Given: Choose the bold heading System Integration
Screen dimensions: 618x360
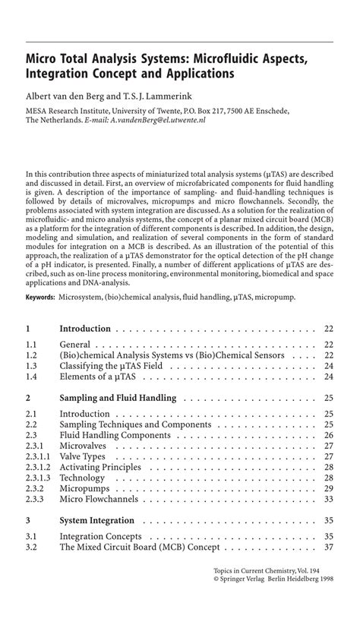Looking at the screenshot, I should click(96, 521).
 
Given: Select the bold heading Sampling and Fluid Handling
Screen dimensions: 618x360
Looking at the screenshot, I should click(118, 397).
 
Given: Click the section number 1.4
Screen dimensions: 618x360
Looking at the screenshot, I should click(31, 376).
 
